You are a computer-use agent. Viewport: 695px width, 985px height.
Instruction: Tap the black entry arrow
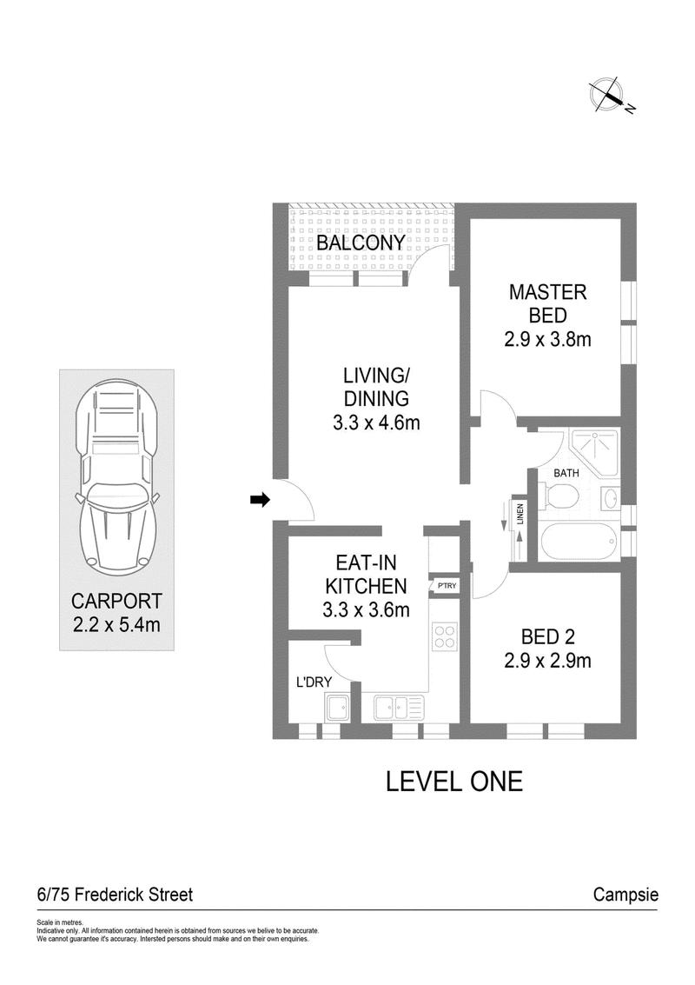click(x=260, y=500)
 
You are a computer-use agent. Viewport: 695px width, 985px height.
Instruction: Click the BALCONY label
click(x=361, y=243)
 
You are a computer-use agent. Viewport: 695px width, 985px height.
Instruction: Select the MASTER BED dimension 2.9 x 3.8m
click(x=547, y=340)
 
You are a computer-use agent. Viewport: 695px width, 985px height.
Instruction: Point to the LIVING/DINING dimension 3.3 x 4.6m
click(x=376, y=423)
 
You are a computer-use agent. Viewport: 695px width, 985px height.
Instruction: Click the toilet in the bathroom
click(x=561, y=497)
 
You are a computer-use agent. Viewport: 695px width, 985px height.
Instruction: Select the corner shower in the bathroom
click(x=594, y=451)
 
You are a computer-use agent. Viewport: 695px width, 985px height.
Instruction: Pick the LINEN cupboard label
click(x=520, y=514)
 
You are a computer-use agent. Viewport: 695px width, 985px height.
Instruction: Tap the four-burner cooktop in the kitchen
click(x=445, y=636)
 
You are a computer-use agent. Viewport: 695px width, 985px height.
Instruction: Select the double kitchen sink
click(x=399, y=708)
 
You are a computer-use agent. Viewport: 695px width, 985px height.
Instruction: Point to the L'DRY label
click(x=314, y=682)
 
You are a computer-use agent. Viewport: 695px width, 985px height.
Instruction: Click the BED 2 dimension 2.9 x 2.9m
click(x=547, y=661)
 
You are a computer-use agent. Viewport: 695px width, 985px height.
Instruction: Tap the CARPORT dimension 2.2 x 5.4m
click(x=116, y=625)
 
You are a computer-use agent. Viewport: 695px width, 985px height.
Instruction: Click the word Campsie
click(x=626, y=895)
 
